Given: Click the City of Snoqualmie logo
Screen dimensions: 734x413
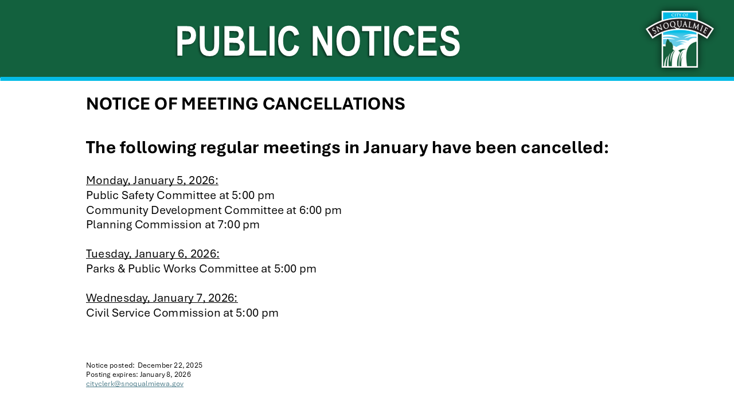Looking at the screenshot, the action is (680, 40).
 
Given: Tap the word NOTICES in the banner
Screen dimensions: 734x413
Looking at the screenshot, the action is (386, 41).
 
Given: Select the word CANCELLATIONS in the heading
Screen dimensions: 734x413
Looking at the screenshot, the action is (334, 104).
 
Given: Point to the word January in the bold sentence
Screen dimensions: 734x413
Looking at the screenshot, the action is (396, 148).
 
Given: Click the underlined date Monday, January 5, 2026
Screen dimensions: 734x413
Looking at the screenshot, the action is (152, 180).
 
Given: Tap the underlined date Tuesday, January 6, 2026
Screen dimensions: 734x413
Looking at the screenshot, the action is (153, 254).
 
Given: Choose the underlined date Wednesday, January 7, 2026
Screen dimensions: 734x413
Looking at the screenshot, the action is (162, 298).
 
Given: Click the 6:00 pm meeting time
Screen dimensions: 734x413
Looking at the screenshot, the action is (320, 210).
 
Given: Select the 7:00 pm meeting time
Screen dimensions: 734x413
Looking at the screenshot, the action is (239, 225).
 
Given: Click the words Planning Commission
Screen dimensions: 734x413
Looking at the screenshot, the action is (144, 225).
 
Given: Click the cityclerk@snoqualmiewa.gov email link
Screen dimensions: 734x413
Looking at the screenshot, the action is (135, 384).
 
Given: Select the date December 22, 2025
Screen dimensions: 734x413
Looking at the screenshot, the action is (170, 365).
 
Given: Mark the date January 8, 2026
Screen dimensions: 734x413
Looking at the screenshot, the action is (166, 375).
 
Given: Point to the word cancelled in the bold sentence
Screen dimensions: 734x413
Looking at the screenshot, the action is (565, 147).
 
